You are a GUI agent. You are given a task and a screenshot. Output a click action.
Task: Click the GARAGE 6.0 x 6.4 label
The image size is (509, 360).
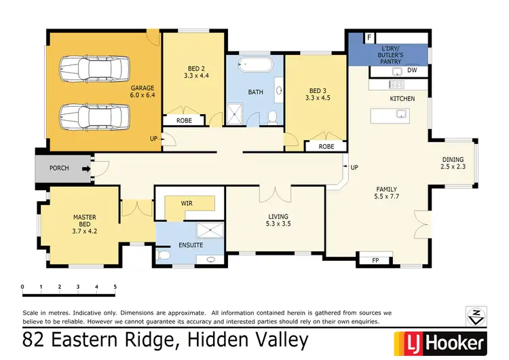point(143,92)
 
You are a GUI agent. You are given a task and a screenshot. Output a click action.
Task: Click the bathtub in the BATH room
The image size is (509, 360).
point(257,66)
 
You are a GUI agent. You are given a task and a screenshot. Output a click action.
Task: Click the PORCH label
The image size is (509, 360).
point(59,168)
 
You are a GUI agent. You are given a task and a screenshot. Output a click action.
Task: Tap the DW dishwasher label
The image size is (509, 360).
point(411,69)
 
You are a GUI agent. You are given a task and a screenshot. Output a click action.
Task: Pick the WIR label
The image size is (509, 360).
point(187,202)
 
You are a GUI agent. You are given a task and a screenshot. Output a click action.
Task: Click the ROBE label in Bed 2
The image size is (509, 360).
point(184,120)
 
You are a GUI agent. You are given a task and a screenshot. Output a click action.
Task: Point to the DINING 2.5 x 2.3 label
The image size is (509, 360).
point(453,162)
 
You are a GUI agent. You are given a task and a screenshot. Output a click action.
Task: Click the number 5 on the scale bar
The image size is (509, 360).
point(115,287)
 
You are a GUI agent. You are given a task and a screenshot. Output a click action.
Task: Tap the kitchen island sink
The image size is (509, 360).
point(400,113)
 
